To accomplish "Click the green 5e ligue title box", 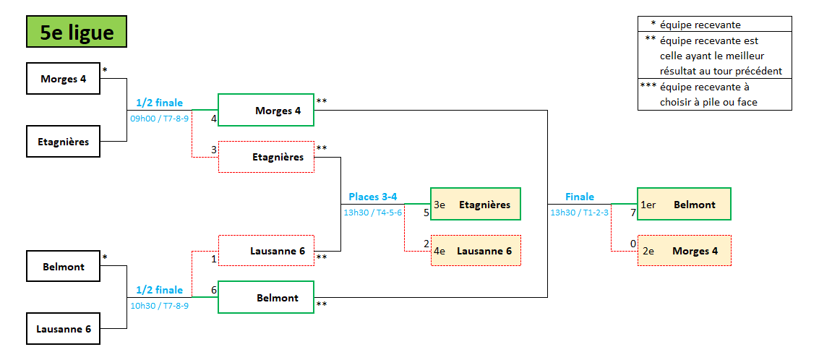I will point(76,32).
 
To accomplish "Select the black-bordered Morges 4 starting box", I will point(64,79).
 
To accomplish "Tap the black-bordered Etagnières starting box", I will point(64,142).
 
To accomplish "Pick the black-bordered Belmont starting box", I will point(64,267).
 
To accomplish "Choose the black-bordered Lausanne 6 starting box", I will point(64,329).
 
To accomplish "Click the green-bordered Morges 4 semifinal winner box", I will point(266,111).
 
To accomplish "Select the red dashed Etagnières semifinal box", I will point(266,157).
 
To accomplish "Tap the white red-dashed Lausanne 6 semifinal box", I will point(266,251).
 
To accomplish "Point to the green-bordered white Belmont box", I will point(266,298).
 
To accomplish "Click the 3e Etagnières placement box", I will point(476,205).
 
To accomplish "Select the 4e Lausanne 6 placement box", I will point(476,251).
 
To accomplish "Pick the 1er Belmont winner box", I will point(684,205).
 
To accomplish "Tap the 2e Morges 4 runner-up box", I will point(684,251).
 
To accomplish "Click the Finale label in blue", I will point(580,197).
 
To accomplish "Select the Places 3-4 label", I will point(372,197).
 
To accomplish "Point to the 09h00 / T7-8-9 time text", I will point(159,118).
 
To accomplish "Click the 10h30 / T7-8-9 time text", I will point(159,306).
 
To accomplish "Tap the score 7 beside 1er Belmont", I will point(633,213).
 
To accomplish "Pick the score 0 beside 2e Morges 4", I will point(633,244).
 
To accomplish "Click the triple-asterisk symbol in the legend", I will point(648,86).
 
